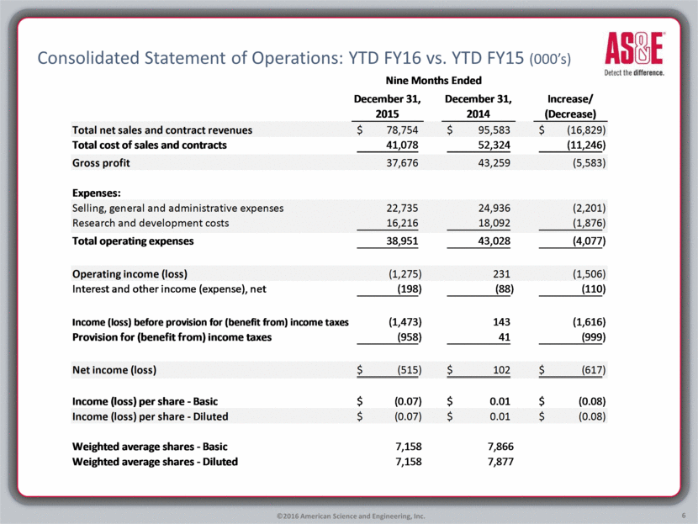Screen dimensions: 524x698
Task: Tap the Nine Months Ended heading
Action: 433,81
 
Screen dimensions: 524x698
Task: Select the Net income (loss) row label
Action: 114,370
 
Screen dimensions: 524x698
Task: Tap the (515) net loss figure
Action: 405,370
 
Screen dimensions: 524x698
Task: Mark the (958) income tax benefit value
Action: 405,337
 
